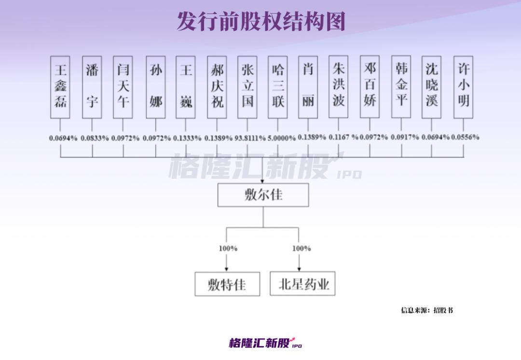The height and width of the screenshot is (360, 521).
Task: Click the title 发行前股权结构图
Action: pyautogui.click(x=261, y=21)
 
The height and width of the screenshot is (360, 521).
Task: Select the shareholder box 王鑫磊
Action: pyautogui.click(x=60, y=87)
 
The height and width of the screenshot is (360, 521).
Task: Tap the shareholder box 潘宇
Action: pyautogui.click(x=92, y=87)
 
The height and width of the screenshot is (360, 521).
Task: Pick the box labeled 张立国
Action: pyautogui.click(x=247, y=87)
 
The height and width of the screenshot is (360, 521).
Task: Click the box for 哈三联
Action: pyautogui.click(x=278, y=87)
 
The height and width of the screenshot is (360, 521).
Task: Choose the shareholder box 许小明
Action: pyautogui.click(x=463, y=87)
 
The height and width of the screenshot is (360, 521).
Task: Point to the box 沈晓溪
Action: pyautogui.click(x=431, y=87)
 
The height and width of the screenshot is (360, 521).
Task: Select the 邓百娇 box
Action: pyautogui.click(x=370, y=87)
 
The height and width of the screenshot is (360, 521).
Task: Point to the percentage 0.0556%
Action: pyautogui.click(x=465, y=137)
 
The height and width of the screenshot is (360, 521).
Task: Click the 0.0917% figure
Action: pyautogui.click(x=405, y=137)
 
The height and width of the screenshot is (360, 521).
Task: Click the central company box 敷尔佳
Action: pyautogui.click(x=263, y=195)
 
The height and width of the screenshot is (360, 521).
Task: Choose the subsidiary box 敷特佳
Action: pyautogui.click(x=227, y=284)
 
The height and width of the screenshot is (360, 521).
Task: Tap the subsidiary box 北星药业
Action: pyautogui.click(x=302, y=284)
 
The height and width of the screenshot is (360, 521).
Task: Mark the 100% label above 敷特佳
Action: pyautogui.click(x=228, y=249)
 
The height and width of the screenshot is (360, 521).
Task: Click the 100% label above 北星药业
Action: pyautogui.click(x=302, y=249)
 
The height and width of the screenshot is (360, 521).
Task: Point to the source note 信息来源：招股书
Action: pyautogui.click(x=427, y=310)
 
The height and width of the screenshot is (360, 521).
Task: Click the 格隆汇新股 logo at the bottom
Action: pyautogui.click(x=265, y=343)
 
